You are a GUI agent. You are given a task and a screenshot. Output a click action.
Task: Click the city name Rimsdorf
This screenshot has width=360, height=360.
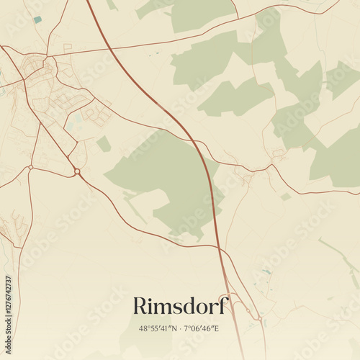180,306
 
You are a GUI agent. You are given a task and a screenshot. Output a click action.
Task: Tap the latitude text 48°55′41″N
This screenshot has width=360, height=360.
158,329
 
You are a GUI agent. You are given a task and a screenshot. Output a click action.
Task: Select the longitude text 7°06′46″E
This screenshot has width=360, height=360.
202,329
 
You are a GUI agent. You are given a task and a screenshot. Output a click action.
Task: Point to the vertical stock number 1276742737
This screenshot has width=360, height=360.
8,306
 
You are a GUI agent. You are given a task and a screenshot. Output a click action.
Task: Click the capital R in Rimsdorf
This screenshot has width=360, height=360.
140,306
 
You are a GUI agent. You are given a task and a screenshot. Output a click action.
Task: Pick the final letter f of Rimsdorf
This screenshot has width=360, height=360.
224,305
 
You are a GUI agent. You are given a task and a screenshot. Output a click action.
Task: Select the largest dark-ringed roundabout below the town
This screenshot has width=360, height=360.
76,171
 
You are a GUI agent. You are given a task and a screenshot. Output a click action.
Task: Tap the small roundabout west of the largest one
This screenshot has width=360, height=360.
31,167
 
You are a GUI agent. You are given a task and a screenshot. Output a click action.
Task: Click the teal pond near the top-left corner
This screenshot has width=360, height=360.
37,19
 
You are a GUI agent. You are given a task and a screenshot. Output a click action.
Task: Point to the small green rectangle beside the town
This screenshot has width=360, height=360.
104,144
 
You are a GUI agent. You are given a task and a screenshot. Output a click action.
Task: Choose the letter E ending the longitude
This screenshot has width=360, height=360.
217,329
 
